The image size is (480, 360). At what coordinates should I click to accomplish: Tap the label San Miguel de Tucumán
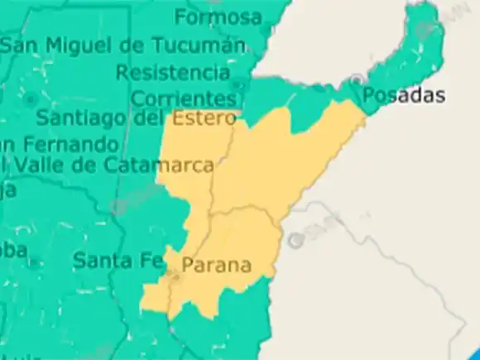click(x=122, y=46)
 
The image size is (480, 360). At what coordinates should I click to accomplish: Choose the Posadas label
click(x=404, y=95)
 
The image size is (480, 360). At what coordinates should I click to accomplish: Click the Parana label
click(x=216, y=266)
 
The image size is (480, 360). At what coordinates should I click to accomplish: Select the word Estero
click(x=204, y=119)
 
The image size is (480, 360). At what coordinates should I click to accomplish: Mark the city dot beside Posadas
click(x=356, y=79)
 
